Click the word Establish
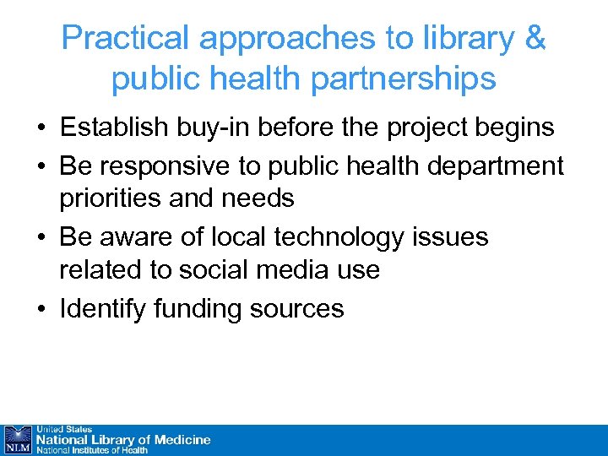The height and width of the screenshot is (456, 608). (x=112, y=128)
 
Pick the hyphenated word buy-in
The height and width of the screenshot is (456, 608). (x=213, y=128)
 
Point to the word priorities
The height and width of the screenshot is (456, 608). (x=112, y=200)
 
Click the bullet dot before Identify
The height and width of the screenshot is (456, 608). (x=41, y=309)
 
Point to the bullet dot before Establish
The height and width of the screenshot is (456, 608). (x=41, y=128)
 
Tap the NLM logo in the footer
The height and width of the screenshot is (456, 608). (x=17, y=440)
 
